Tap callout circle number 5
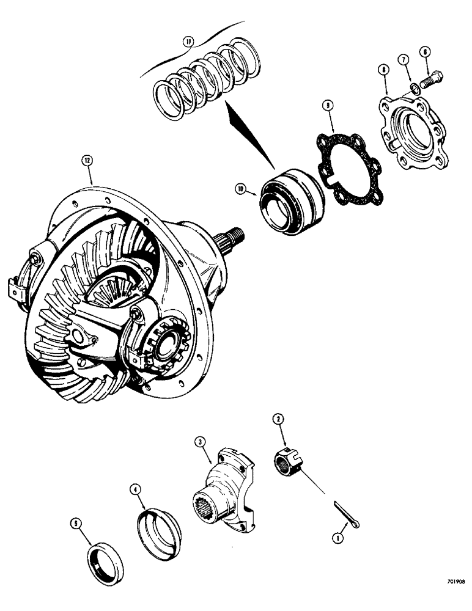click(75, 522)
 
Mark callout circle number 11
click(188, 42)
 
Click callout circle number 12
click(87, 161)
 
